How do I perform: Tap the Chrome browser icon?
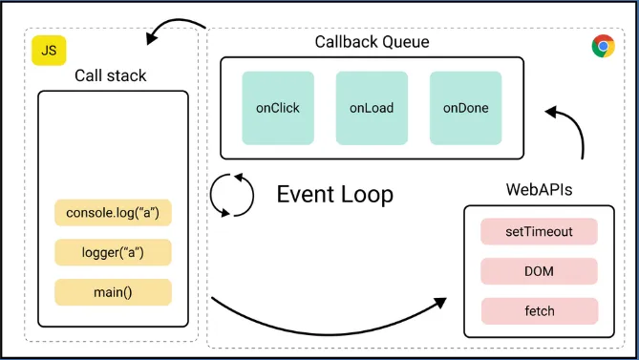click(603, 46)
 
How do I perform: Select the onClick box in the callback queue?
click(278, 108)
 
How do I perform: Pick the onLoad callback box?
click(372, 108)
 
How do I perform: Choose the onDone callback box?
click(465, 108)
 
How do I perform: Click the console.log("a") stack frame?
click(113, 212)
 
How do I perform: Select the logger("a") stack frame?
click(113, 252)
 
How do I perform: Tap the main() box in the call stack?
click(113, 292)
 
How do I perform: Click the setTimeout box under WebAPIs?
click(539, 232)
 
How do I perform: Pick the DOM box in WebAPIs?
click(539, 271)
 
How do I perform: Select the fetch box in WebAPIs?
click(539, 311)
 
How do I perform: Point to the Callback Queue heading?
click(372, 42)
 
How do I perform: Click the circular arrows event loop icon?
click(233, 195)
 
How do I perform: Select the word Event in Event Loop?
click(305, 195)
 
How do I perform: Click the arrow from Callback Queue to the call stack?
click(177, 27)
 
